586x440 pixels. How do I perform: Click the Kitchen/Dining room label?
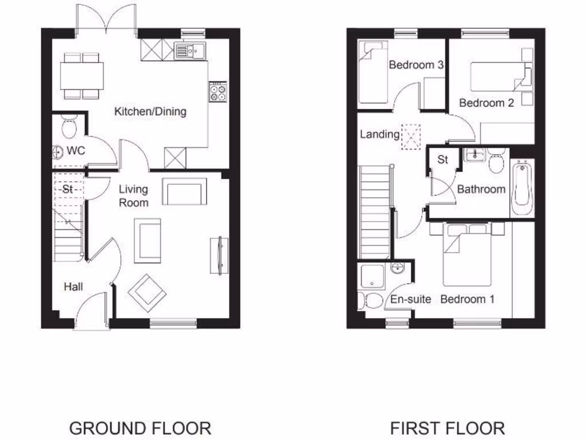click(x=151, y=111)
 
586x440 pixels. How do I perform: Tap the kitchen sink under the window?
click(x=188, y=51)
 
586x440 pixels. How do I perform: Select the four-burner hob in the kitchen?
click(x=218, y=92)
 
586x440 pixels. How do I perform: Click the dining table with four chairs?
click(x=82, y=76)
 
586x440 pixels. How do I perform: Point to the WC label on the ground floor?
click(x=76, y=151)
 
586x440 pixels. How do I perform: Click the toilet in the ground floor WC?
click(x=68, y=127)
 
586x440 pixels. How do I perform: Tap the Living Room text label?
click(x=133, y=196)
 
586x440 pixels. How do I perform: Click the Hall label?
click(x=73, y=286)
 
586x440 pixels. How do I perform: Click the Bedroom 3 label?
click(x=416, y=65)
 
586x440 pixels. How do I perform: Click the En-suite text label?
click(x=410, y=299)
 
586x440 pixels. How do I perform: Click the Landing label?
click(x=379, y=135)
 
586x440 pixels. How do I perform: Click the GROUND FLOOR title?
click(x=140, y=427)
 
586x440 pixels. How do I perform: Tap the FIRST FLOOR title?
click(x=448, y=427)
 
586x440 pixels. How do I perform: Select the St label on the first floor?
click(x=442, y=160)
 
